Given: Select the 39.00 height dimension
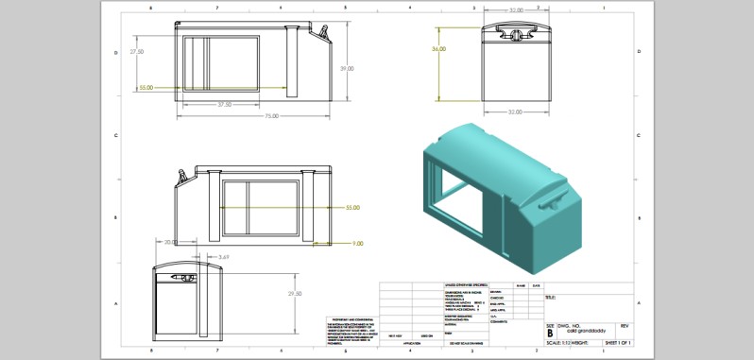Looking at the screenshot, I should [348, 68].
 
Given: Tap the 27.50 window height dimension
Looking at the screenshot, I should [137, 52].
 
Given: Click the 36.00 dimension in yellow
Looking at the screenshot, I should [438, 48].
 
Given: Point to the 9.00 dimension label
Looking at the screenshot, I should [357, 244].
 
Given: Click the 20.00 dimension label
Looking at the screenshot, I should [170, 242].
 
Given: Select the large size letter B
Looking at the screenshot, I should [551, 332].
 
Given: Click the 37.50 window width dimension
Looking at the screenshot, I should [225, 104].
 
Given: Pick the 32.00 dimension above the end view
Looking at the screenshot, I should [515, 9].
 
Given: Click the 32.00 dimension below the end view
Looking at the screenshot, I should [515, 111].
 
